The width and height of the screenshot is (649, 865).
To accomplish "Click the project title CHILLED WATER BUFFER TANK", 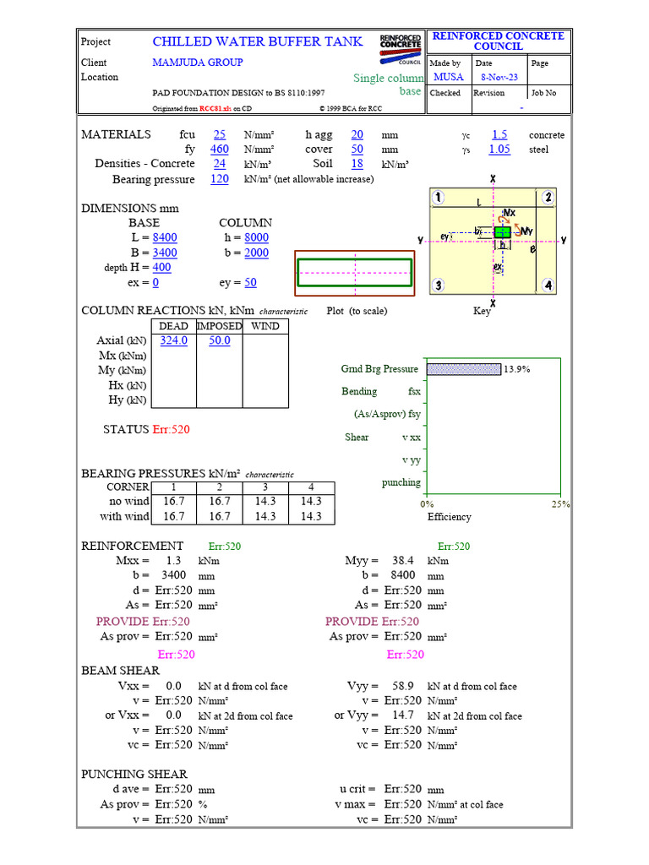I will click(258, 41).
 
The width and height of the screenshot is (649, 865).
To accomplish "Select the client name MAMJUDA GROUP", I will click(198, 63).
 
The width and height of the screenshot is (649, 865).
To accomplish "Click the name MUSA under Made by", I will click(448, 77).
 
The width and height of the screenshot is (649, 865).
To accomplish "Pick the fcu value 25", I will click(220, 134).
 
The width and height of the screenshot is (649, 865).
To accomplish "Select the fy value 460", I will click(220, 150).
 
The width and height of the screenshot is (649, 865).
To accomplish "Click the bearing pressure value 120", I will click(220, 179).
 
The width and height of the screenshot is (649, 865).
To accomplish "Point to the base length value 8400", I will click(165, 238).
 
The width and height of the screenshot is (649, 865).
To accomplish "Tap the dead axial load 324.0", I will click(174, 340).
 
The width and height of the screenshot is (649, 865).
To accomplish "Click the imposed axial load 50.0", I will click(220, 340).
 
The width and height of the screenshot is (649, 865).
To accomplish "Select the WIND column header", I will click(265, 326).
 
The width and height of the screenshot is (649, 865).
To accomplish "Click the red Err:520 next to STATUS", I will click(171, 430).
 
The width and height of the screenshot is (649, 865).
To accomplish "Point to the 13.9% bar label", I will click(517, 369).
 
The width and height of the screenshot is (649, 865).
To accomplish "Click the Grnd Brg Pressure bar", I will click(464, 369).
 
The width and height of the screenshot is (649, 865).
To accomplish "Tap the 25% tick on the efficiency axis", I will click(561, 504).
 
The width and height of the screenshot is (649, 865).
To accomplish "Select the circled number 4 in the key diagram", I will click(548, 286).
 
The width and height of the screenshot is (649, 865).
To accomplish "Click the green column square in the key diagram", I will click(502, 231).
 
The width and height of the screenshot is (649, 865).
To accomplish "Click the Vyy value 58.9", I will click(404, 687).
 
